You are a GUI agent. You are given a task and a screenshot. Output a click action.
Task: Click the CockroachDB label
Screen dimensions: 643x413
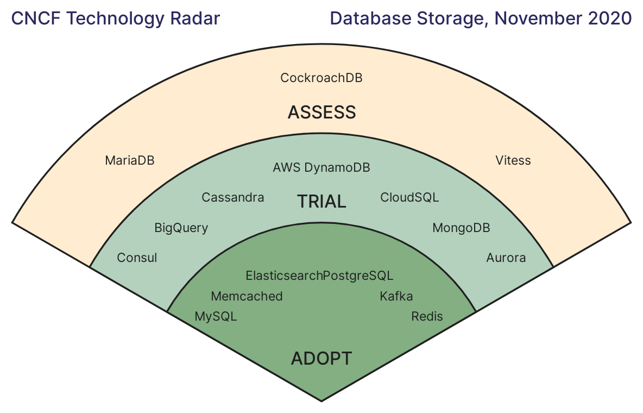[x=321, y=78]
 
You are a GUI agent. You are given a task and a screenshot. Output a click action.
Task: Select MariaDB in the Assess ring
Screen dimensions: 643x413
[x=130, y=160]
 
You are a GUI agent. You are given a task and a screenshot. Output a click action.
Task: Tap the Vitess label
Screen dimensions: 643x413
[x=513, y=160]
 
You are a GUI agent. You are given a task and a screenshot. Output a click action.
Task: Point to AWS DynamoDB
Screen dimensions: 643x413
[x=321, y=167]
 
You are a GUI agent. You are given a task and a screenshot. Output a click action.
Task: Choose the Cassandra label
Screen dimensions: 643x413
[x=233, y=197]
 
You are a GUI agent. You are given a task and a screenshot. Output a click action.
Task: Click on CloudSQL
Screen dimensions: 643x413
[x=409, y=197]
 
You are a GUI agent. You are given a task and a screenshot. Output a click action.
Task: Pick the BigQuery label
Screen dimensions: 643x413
[x=181, y=228]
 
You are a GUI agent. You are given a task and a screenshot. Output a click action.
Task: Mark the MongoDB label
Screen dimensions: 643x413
[x=461, y=228]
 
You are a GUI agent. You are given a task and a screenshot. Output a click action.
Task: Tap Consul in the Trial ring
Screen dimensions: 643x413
[x=137, y=258]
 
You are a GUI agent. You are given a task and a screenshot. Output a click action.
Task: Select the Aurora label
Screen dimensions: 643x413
[x=506, y=258]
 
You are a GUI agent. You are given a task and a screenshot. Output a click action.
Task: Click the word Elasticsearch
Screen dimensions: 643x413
[x=284, y=276]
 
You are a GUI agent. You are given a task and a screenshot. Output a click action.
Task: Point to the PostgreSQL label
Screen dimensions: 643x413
[x=358, y=276]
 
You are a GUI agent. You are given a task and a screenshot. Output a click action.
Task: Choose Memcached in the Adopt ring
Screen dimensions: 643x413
[x=247, y=296]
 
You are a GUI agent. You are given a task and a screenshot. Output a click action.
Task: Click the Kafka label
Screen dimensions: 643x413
[x=396, y=296]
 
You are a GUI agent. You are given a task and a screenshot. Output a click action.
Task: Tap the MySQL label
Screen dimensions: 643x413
[x=216, y=316]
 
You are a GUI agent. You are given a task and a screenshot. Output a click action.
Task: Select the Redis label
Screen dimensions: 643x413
[x=427, y=316]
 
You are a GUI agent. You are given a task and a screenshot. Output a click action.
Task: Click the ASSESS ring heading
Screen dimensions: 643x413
[x=322, y=112]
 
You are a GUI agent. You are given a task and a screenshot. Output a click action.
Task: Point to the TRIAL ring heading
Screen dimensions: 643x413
[x=321, y=202]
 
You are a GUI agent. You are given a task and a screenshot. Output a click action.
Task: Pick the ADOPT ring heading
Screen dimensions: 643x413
[x=321, y=359]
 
